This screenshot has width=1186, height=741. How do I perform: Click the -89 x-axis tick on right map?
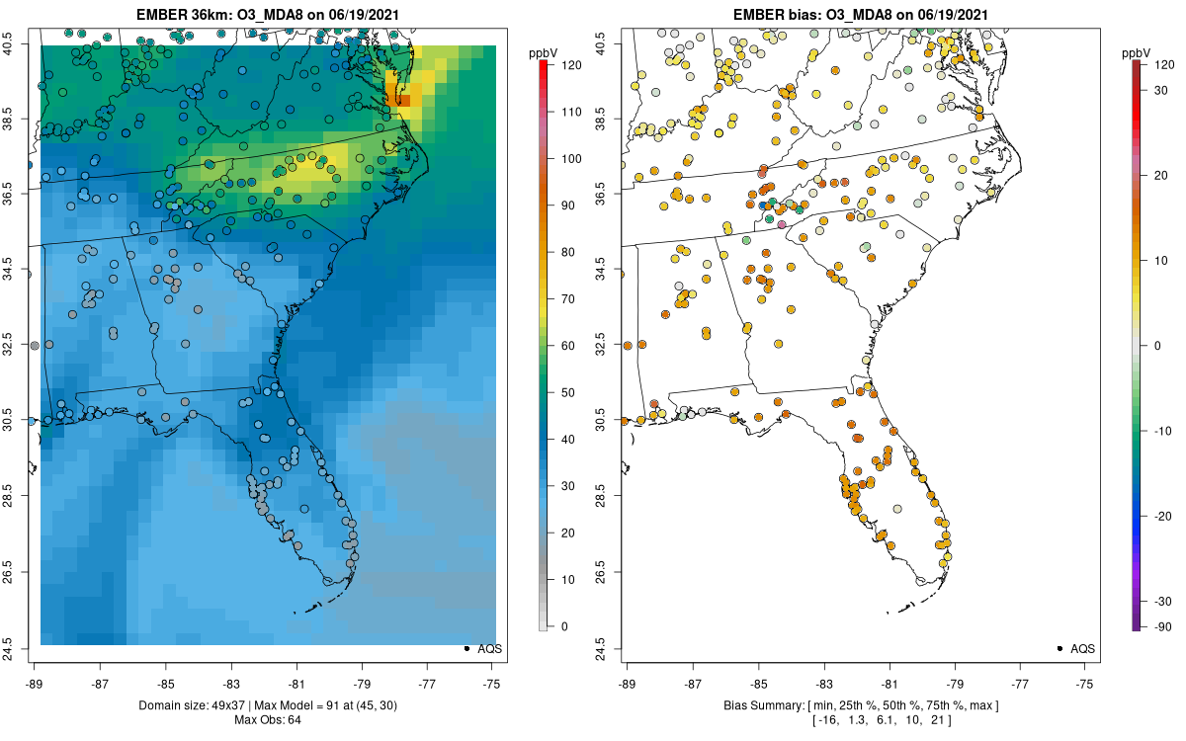click(627, 683)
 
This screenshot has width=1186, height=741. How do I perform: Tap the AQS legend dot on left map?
click(466, 648)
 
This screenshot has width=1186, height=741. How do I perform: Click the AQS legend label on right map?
click(1082, 648)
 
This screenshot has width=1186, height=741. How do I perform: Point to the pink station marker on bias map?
click(782, 225)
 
